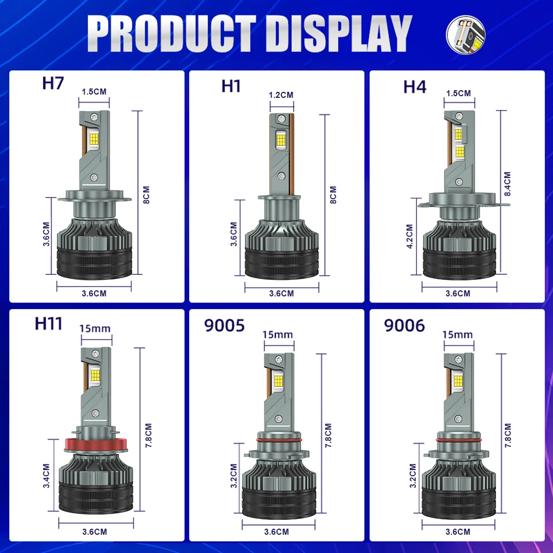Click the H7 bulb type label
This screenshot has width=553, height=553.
pos(53,84)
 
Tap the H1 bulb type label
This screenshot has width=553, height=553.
pos(231,86)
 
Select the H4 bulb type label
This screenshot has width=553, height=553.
pos(415,86)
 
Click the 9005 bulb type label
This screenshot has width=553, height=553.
pos(225,326)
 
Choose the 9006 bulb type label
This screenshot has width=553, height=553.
pos(405,326)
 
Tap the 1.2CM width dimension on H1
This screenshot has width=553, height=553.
pos(281,95)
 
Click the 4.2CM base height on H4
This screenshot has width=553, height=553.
pos(410,237)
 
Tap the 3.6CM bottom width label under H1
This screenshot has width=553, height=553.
pos(281,294)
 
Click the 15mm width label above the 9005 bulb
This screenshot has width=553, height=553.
pos(278,335)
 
